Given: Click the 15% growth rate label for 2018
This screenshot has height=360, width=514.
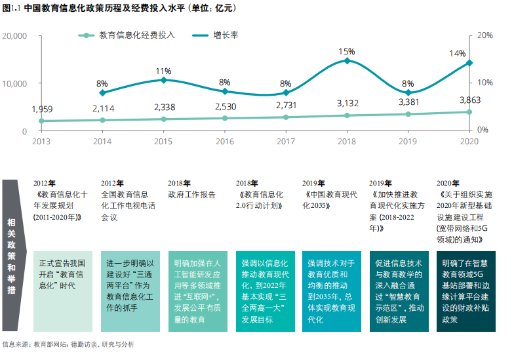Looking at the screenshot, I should tap(347, 51).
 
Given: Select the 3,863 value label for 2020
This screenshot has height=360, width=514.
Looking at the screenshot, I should tap(469, 100).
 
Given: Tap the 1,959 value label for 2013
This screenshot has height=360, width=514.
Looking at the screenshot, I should tap(41, 109).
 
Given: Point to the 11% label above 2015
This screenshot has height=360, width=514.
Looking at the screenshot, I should tap(163, 71).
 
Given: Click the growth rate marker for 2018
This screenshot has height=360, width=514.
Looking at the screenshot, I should tap(347, 61).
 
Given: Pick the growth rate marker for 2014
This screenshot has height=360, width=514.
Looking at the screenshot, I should tap(102, 92).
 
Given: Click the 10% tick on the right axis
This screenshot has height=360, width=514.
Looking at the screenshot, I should tap(483, 83).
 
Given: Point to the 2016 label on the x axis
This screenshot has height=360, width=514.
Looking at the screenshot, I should tap(225, 142).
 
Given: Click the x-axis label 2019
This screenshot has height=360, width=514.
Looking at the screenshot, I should tap(408, 142).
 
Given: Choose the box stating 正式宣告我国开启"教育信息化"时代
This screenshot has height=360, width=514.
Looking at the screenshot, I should tap(63, 290).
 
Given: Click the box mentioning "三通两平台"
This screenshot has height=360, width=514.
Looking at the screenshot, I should tap(130, 290).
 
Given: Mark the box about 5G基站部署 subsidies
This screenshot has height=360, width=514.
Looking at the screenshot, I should tap(466, 290).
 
